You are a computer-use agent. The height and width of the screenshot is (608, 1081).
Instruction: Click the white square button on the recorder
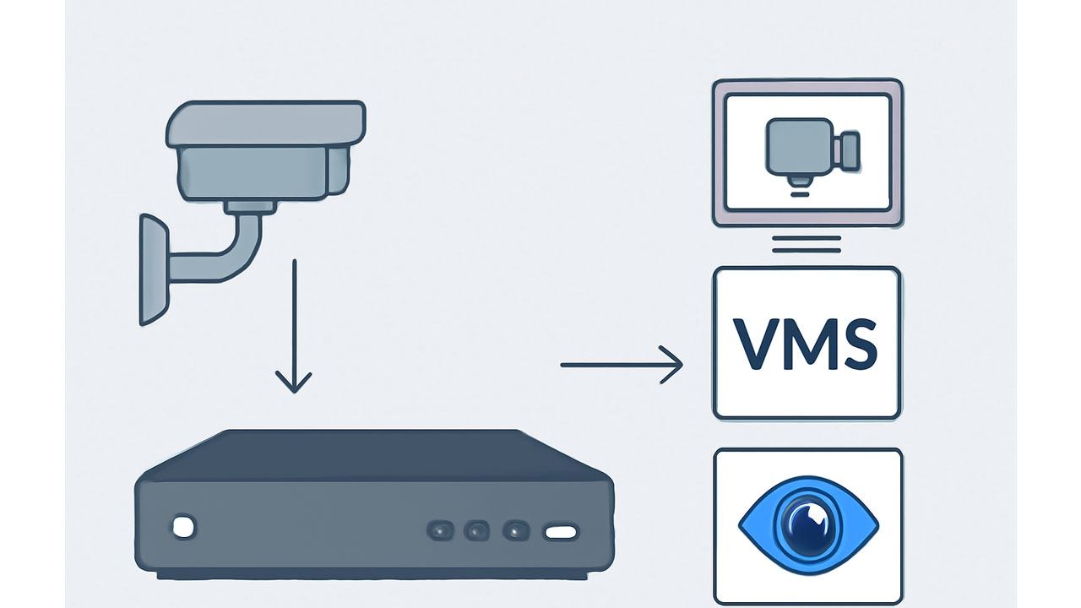(x=183, y=527)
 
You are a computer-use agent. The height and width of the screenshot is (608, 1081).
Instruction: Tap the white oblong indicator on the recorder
(x=561, y=532)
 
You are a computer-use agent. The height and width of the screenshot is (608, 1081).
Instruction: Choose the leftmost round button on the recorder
(x=440, y=530)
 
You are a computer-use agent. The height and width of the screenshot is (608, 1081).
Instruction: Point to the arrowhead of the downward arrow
(x=293, y=384)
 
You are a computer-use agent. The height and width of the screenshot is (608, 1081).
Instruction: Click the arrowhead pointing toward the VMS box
(x=673, y=365)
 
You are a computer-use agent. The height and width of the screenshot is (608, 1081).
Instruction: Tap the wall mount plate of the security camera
(x=153, y=269)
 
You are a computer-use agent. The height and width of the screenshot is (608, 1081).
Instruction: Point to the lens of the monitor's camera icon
(x=847, y=149)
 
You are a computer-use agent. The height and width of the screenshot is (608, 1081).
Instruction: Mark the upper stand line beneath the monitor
(x=807, y=238)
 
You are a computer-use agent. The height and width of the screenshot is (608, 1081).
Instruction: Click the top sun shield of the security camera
(x=265, y=122)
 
